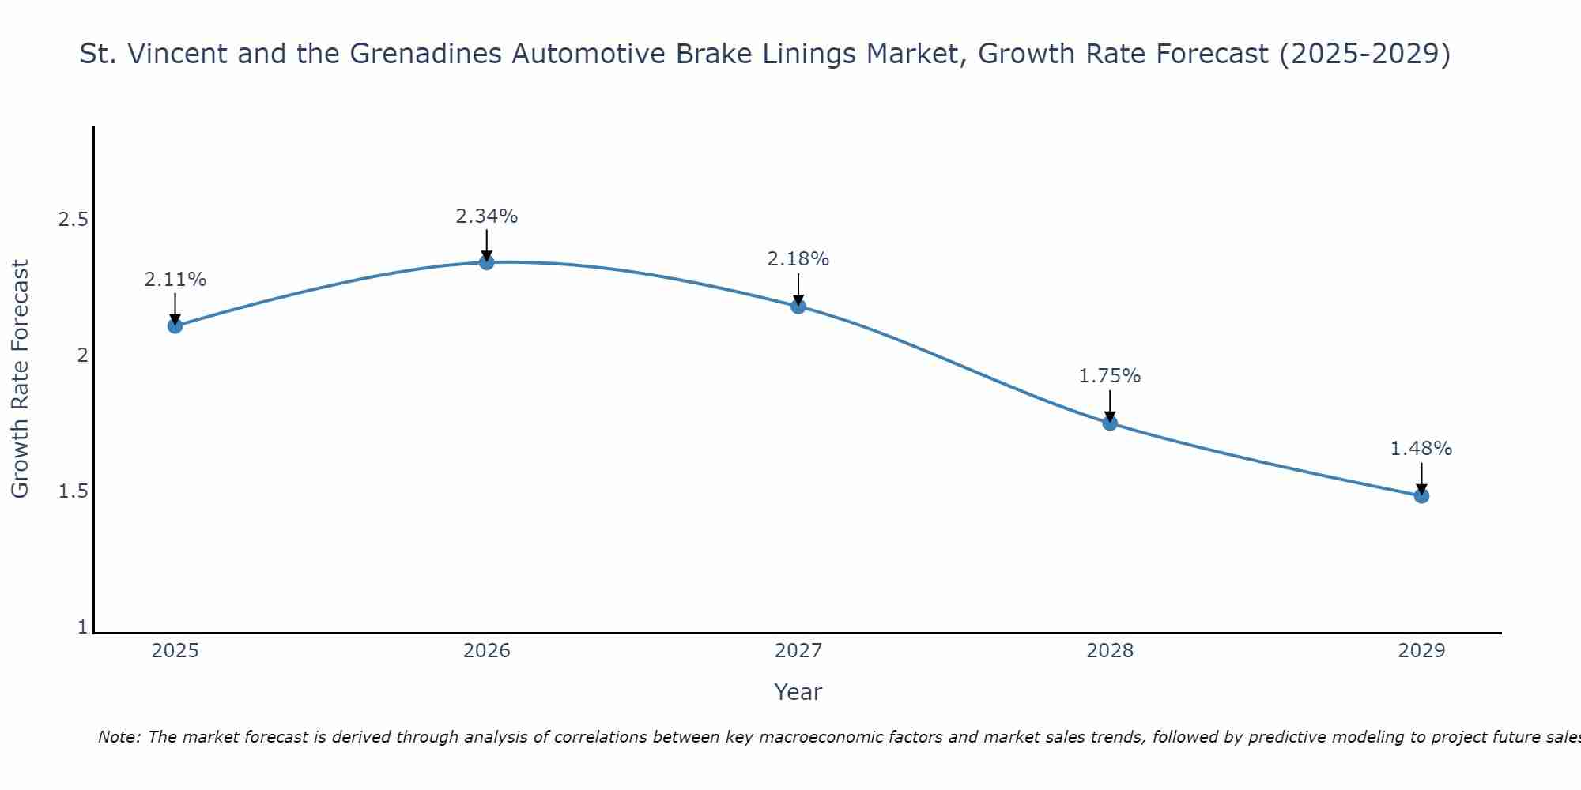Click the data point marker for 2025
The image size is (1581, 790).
[x=175, y=325]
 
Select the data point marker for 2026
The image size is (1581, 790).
[x=487, y=262]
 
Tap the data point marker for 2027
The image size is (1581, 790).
[x=798, y=306]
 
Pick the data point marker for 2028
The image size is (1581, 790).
[x=1110, y=423]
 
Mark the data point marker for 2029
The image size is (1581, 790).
[x=1421, y=495]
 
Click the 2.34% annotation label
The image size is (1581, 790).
[x=487, y=216]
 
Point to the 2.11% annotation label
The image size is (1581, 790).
[x=175, y=279]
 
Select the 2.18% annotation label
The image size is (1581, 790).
[x=798, y=258]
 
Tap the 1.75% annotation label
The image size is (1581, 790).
[x=1110, y=376]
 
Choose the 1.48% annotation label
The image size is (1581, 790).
[x=1421, y=448]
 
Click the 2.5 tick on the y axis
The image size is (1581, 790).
[x=73, y=219]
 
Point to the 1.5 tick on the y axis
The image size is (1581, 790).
[x=73, y=491]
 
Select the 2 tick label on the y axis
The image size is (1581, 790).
[x=82, y=355]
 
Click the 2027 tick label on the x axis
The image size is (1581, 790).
[x=798, y=651]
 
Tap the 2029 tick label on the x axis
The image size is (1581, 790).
[x=1421, y=651]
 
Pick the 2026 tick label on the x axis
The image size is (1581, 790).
[x=487, y=651]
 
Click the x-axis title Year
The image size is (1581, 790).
[x=798, y=692]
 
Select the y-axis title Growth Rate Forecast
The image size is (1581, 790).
[x=20, y=378]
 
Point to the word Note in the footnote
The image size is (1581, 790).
[x=119, y=737]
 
